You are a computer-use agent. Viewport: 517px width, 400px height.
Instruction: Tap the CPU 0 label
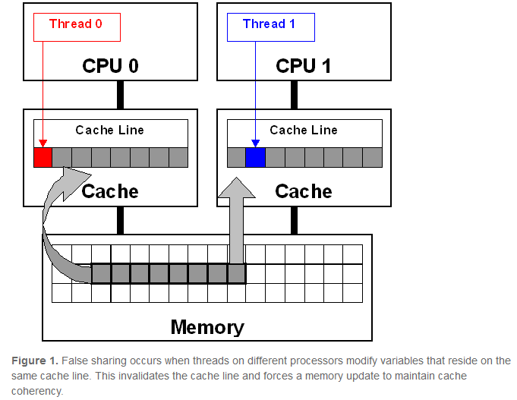[110, 65]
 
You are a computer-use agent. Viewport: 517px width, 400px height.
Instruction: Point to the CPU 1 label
[304, 65]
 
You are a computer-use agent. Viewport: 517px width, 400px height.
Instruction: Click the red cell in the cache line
[43, 157]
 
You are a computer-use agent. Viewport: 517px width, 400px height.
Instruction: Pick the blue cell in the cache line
[255, 157]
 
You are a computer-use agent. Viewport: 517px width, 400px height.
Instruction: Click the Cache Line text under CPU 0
[110, 130]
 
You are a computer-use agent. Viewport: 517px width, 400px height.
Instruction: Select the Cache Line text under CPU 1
[304, 130]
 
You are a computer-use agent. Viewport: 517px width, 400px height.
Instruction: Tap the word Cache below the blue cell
[304, 191]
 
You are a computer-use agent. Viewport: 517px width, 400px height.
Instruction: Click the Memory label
[207, 326]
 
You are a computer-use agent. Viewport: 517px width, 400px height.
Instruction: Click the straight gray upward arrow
[236, 220]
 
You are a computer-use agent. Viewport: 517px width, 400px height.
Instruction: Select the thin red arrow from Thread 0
[43, 91]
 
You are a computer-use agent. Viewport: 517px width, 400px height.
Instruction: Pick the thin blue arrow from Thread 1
[255, 91]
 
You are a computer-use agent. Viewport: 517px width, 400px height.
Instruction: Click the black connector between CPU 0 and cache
[120, 95]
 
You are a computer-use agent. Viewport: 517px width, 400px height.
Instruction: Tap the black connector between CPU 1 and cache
[294, 95]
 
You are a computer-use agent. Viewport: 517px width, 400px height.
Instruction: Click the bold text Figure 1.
[33, 361]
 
